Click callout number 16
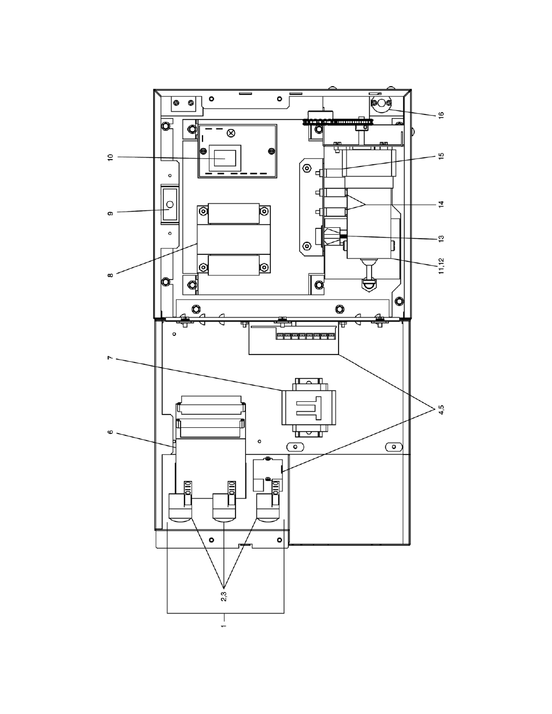click(x=441, y=114)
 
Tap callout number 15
click(x=441, y=156)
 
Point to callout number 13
click(x=441, y=239)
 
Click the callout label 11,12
click(x=441, y=266)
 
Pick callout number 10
click(x=111, y=157)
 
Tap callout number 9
click(x=111, y=213)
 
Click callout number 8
click(x=111, y=275)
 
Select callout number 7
click(x=111, y=357)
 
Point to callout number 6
click(x=111, y=432)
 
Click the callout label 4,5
click(x=441, y=409)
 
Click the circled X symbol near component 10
click(x=231, y=133)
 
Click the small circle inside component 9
click(x=170, y=205)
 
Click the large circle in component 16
click(x=381, y=103)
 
